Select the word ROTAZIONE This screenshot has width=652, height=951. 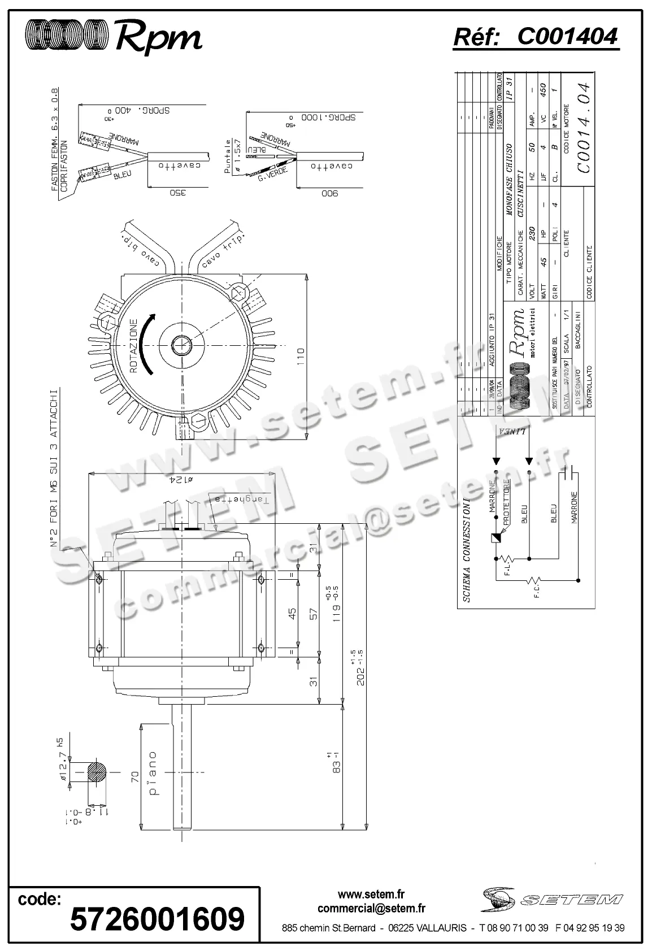[133, 346]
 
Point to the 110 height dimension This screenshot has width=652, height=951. [301, 356]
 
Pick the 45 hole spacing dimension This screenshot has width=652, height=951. [292, 613]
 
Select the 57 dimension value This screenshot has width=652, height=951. [314, 613]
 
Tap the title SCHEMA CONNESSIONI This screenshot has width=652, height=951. [467, 550]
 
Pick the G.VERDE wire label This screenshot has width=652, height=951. [273, 173]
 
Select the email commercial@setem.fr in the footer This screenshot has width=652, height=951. [371, 908]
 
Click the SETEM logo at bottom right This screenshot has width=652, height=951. [552, 898]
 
